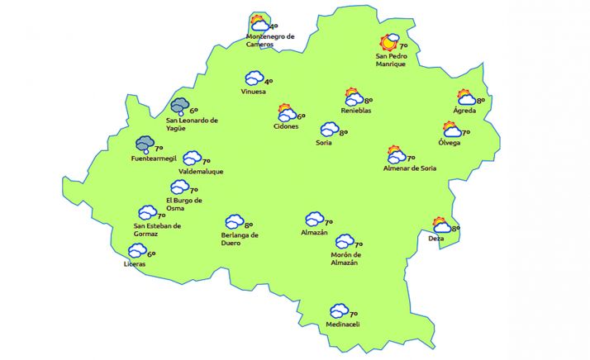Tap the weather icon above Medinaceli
pos(338,310)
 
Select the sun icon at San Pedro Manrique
pos(388,43)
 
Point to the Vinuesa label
pos(253,91)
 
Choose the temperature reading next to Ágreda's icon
pos(480,101)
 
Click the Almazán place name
pos(315,233)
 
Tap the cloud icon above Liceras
pos(137,251)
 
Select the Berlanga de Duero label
pos(240,239)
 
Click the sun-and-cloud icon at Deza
pos(441,225)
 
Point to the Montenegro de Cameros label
pos(271,40)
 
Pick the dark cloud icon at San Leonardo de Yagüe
pos(179,107)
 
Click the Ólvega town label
pos(450,143)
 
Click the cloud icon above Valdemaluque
pos(192,158)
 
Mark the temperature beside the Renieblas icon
pos(369,100)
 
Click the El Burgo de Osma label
pos(183,204)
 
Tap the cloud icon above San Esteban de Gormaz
pos(147,212)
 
